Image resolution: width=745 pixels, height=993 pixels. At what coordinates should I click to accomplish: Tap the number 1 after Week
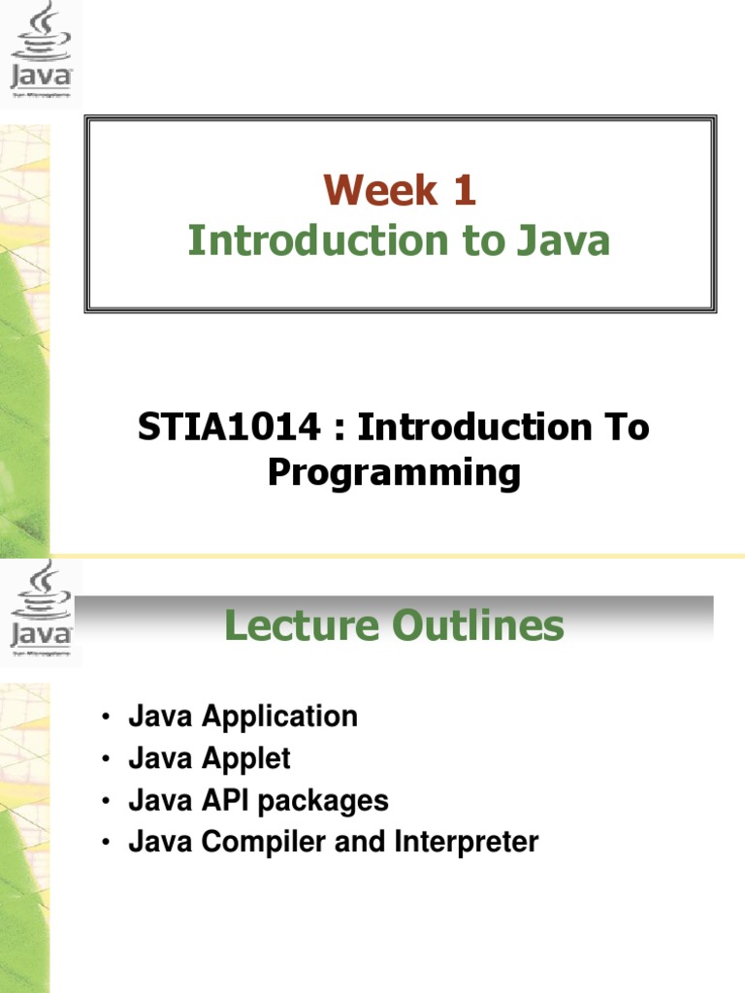462,190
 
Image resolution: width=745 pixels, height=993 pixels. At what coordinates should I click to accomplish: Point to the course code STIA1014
228,428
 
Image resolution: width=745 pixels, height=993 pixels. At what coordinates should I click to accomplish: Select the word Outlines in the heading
478,626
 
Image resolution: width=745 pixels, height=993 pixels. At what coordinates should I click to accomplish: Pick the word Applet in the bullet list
245,758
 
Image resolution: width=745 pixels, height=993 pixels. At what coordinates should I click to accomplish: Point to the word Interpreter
466,842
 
